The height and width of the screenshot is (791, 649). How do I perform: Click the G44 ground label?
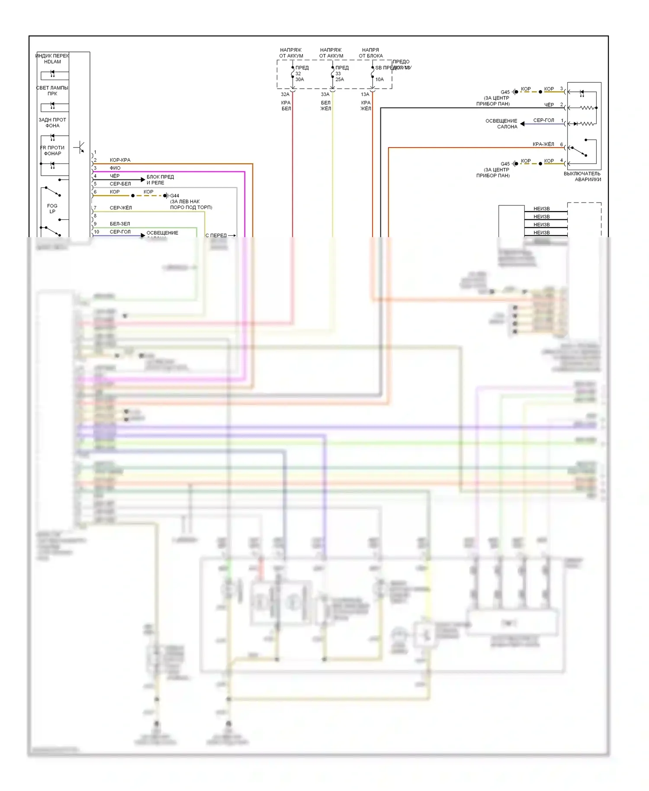[175, 196]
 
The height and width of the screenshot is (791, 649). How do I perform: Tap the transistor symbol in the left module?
[80, 148]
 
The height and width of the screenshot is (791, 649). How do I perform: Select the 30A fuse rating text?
[299, 80]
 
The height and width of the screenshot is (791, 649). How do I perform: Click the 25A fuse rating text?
[340, 80]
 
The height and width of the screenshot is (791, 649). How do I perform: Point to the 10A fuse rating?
[379, 80]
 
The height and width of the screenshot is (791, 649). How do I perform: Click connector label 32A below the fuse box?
[285, 94]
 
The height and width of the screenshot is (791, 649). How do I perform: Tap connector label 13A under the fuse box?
[365, 94]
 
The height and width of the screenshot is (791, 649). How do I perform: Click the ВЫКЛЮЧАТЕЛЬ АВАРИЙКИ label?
[582, 177]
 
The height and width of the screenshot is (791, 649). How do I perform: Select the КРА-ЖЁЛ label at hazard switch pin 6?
[543, 145]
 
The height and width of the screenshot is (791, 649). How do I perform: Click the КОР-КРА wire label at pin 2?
[120, 160]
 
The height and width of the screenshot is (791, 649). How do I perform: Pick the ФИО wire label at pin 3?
[115, 168]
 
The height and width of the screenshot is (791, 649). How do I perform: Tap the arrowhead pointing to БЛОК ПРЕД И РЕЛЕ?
[143, 179]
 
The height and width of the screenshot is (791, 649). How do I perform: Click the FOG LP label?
[52, 209]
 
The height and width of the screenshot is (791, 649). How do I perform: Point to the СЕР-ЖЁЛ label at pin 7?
[121, 208]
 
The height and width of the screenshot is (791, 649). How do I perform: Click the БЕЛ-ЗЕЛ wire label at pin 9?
[120, 224]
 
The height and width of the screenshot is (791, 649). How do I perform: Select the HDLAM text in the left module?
[52, 62]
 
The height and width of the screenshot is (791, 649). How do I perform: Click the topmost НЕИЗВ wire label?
[541, 209]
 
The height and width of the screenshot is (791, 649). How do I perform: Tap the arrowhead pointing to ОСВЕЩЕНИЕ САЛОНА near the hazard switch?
[522, 124]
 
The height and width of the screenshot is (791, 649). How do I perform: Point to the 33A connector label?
[325, 94]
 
